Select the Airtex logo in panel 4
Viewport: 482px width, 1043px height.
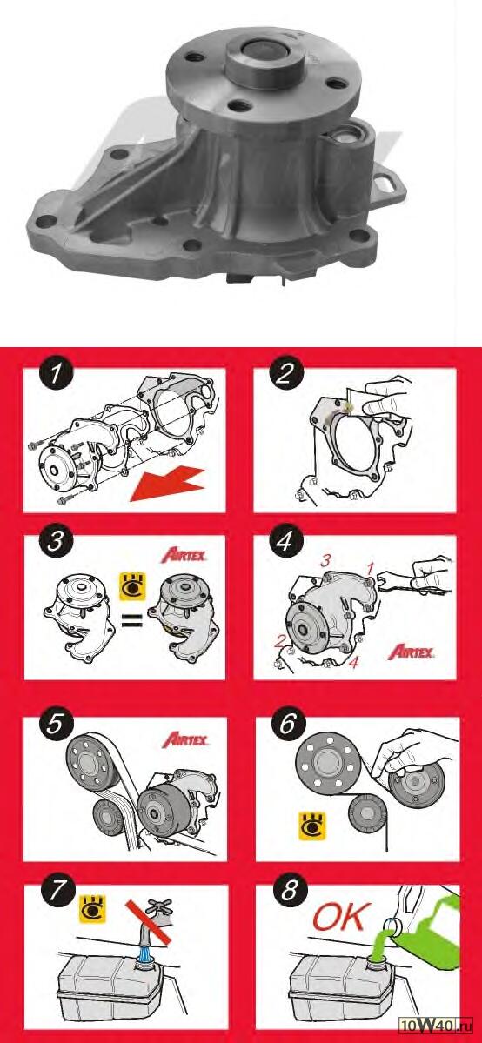[x=412, y=651]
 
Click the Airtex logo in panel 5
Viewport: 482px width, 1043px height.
[x=184, y=739]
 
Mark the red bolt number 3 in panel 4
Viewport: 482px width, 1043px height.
[x=325, y=561]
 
